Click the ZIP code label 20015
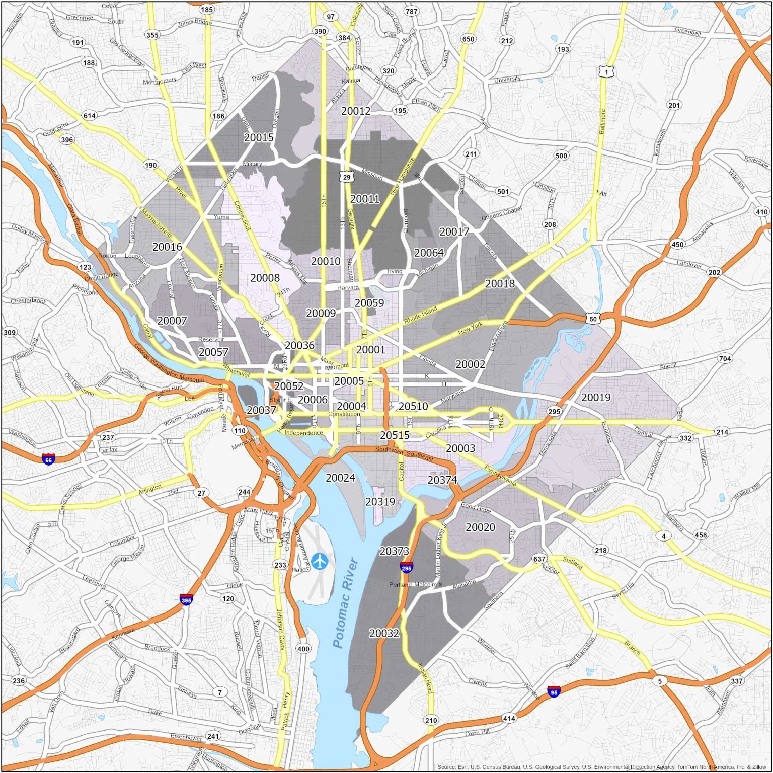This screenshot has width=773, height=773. (x=259, y=137)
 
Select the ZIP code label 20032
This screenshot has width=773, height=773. (x=384, y=633)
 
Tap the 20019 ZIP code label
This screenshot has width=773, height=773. (x=596, y=397)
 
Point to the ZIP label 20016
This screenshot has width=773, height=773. (x=167, y=247)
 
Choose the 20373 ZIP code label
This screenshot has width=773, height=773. (x=394, y=551)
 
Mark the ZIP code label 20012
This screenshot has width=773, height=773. (x=356, y=111)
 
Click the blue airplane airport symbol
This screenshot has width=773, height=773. (x=319, y=561)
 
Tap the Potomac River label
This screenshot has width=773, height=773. (x=345, y=602)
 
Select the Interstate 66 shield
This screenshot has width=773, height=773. (x=48, y=459)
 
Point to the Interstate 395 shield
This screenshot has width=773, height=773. (x=186, y=599)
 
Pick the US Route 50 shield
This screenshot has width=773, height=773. (x=593, y=319)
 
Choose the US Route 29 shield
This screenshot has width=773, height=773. (x=346, y=177)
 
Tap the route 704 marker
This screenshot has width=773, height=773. (x=725, y=359)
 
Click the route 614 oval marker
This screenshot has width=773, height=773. (x=90, y=116)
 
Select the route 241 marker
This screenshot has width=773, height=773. (x=213, y=736)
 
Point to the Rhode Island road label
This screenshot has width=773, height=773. (x=421, y=315)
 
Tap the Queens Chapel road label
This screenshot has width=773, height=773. (x=502, y=213)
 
